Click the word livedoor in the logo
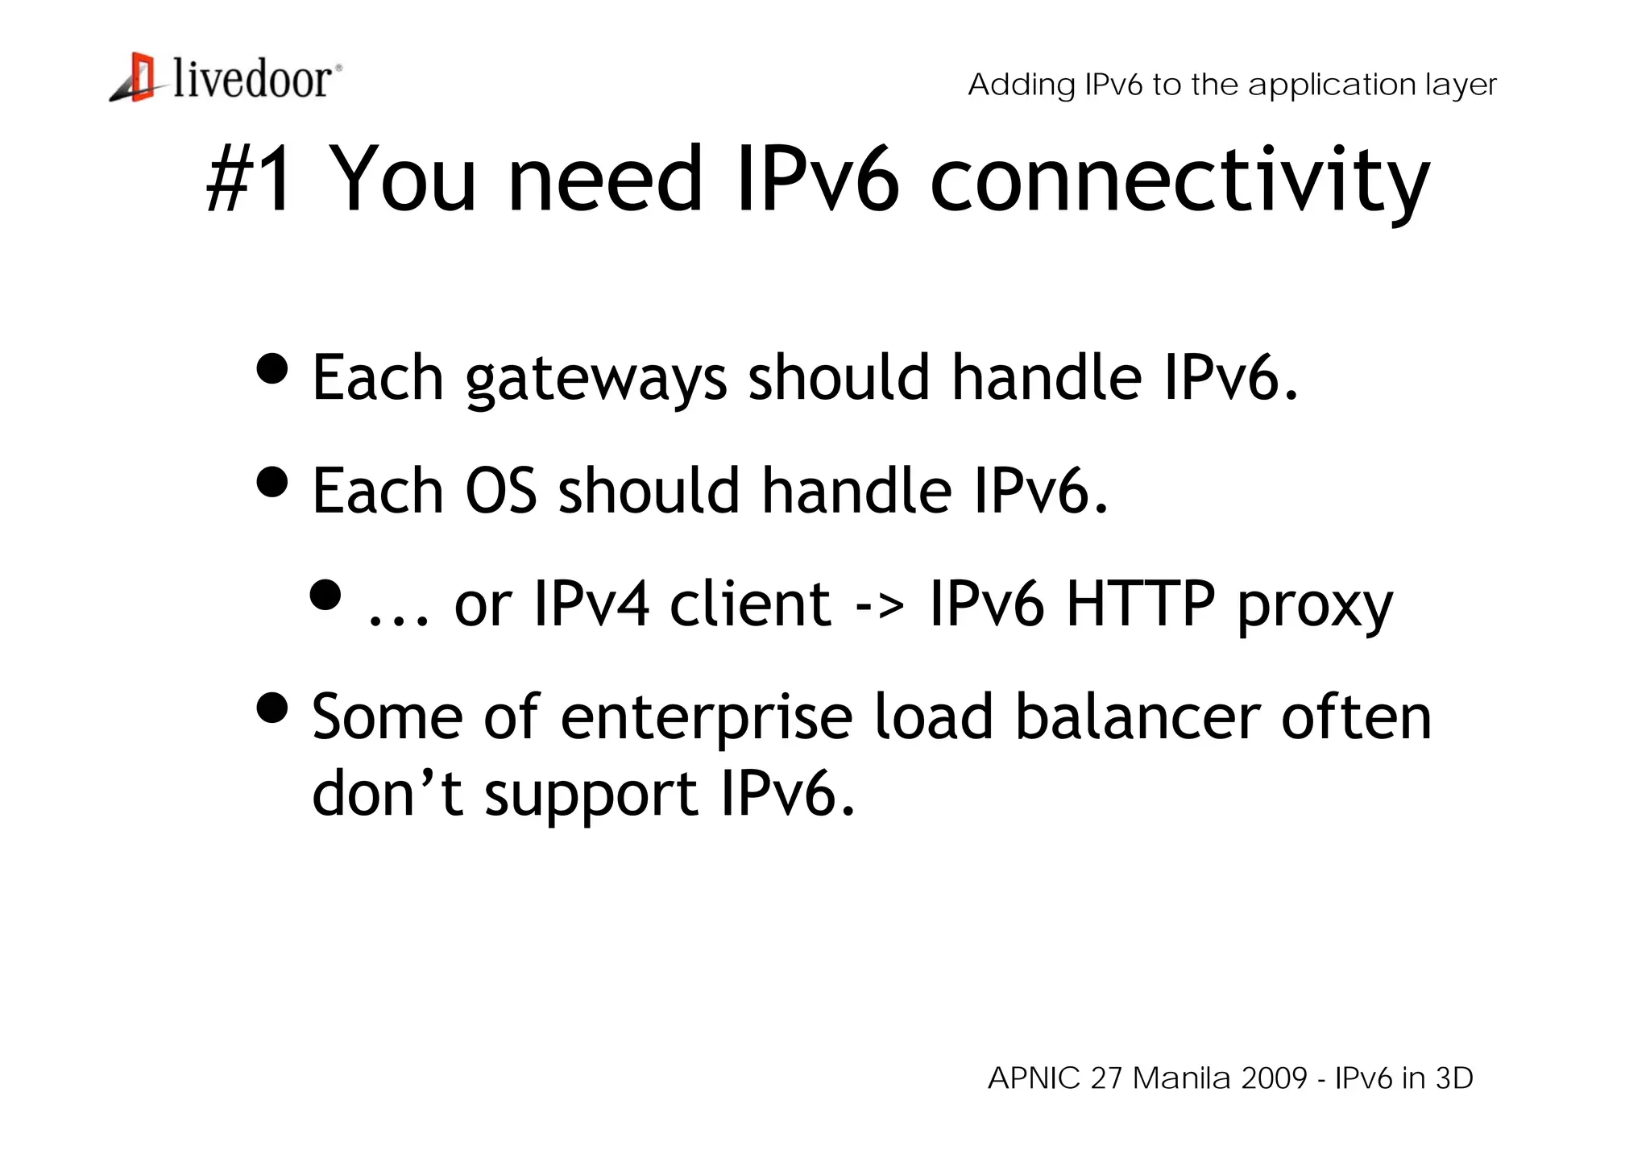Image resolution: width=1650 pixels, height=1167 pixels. [x=252, y=80]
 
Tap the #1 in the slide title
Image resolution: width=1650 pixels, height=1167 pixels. [x=250, y=179]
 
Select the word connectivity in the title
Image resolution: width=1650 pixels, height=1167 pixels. [x=1179, y=181]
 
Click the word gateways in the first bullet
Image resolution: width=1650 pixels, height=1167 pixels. [x=596, y=379]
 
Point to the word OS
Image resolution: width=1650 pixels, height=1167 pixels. [x=500, y=491]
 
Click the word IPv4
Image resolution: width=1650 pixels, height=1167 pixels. [x=591, y=604]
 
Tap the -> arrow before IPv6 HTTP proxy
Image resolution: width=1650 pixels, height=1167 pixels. [x=880, y=605]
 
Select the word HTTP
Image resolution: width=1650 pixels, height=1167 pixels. [x=1140, y=604]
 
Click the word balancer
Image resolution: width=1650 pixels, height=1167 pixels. [x=1137, y=716]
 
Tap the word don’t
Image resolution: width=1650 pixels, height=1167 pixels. [x=387, y=793]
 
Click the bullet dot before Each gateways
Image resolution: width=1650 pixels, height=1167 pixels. [x=272, y=368]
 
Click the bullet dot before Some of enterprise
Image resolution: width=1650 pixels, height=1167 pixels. [x=272, y=708]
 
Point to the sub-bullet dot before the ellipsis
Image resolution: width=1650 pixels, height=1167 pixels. [x=325, y=596]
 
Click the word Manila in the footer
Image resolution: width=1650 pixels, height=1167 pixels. [x=1182, y=1078]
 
